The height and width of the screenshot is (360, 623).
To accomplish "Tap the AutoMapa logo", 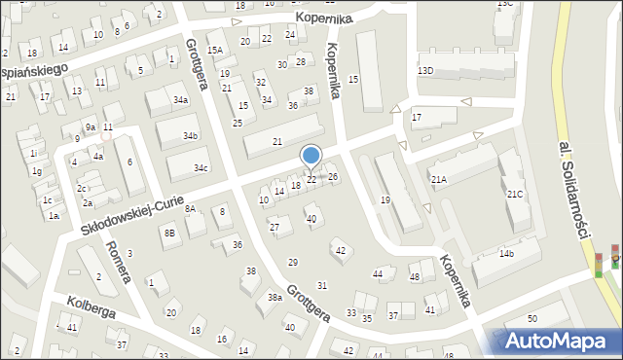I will coord(556,341).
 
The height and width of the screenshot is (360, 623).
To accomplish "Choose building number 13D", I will coord(425,71).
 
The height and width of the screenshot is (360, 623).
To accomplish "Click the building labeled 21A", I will coord(439,179).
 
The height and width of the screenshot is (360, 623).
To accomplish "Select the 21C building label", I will coord(514,195).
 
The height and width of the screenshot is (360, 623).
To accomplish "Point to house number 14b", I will coord(506,254).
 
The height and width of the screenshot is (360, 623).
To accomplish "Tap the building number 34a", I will coord(180,100).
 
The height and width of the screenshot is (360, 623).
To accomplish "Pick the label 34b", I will coord(191,135).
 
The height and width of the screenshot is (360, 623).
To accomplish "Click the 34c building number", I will coord(200,168).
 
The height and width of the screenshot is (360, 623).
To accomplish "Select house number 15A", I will coord(214,50).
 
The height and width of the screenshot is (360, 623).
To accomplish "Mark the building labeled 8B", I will coord(169,233).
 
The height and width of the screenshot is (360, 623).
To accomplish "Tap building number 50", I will coord(532,319).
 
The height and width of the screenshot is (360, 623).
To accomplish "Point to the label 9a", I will coord(90,127).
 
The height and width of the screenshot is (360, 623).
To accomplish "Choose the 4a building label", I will coord(97,156).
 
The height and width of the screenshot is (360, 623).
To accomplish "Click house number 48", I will coord(414,277).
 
